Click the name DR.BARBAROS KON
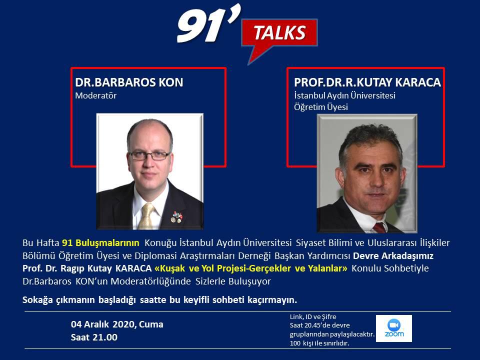129,82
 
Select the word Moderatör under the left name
96,95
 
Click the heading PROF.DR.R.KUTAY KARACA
367,82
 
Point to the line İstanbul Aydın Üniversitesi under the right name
344,95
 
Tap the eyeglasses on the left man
149,155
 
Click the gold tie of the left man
146,216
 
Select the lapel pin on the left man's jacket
176,217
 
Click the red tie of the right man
379,228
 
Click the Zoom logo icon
394,328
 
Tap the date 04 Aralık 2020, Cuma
117,324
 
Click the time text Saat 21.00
94,337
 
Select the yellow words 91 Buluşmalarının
100,243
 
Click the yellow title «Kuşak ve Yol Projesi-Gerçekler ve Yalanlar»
251,268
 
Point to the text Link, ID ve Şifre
313,317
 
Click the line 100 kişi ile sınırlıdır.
319,343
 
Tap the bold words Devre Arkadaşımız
393,255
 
